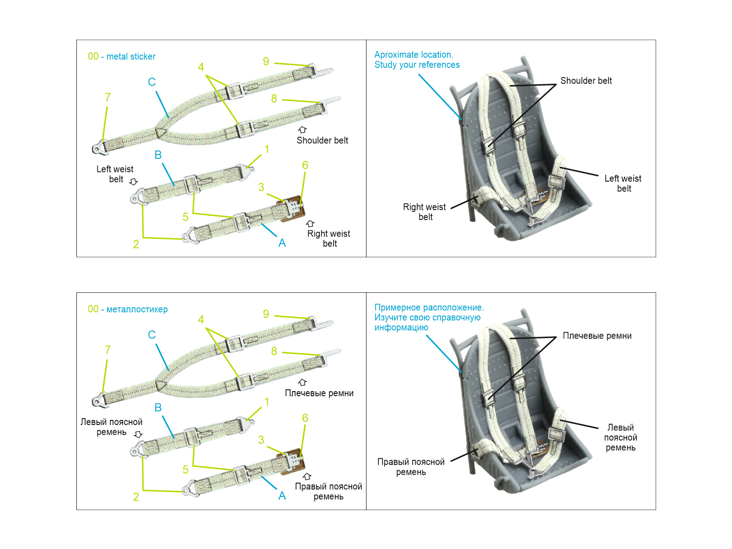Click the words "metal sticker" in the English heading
(131, 57)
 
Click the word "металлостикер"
(137, 309)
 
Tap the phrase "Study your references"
(417, 65)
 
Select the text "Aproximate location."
(414, 55)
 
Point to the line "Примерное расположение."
(429, 307)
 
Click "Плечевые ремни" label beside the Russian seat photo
(597, 336)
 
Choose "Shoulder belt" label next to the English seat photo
(586, 81)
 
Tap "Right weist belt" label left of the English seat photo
(425, 212)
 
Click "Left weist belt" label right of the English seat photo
(623, 183)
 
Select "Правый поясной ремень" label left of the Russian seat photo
(411, 467)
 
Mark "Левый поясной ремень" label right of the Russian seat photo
(620, 437)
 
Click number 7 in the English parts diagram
(108, 97)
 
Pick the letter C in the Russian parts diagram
(152, 335)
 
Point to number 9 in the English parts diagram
(266, 61)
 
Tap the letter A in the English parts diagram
(282, 243)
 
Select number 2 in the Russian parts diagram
(136, 497)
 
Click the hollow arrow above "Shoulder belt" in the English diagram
(302, 130)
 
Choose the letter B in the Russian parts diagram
(158, 408)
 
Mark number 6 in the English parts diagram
(305, 165)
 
